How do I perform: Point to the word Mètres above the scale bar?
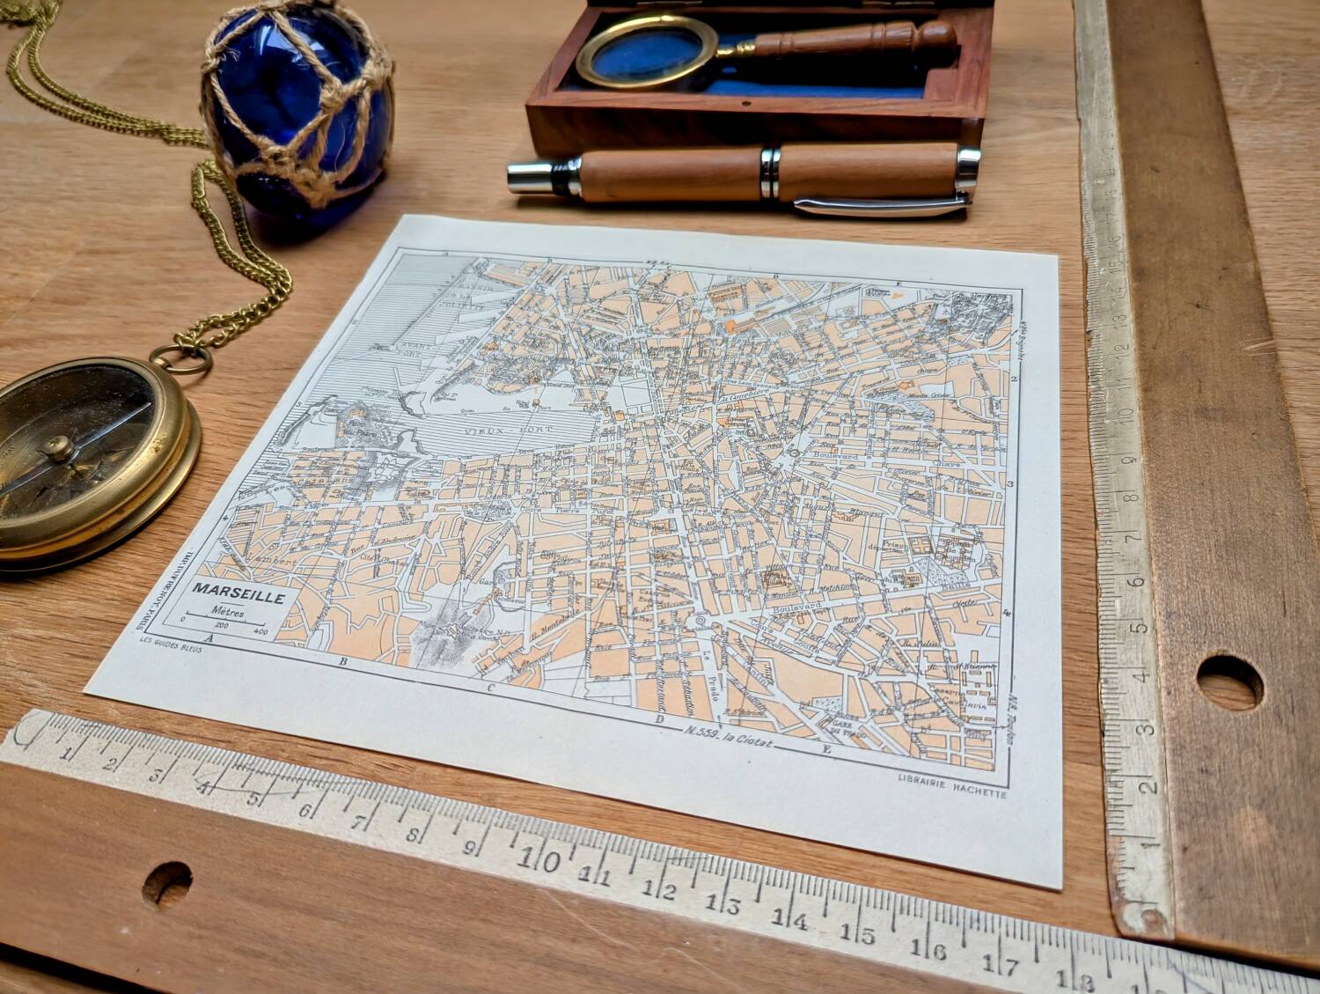[x=228, y=610]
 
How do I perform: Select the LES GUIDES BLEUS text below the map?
[x=171, y=649]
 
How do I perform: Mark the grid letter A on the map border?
[x=209, y=637]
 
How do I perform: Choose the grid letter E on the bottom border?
[x=825, y=751]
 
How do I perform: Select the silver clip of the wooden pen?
[x=880, y=204]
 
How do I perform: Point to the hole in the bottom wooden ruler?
[x=166, y=881]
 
